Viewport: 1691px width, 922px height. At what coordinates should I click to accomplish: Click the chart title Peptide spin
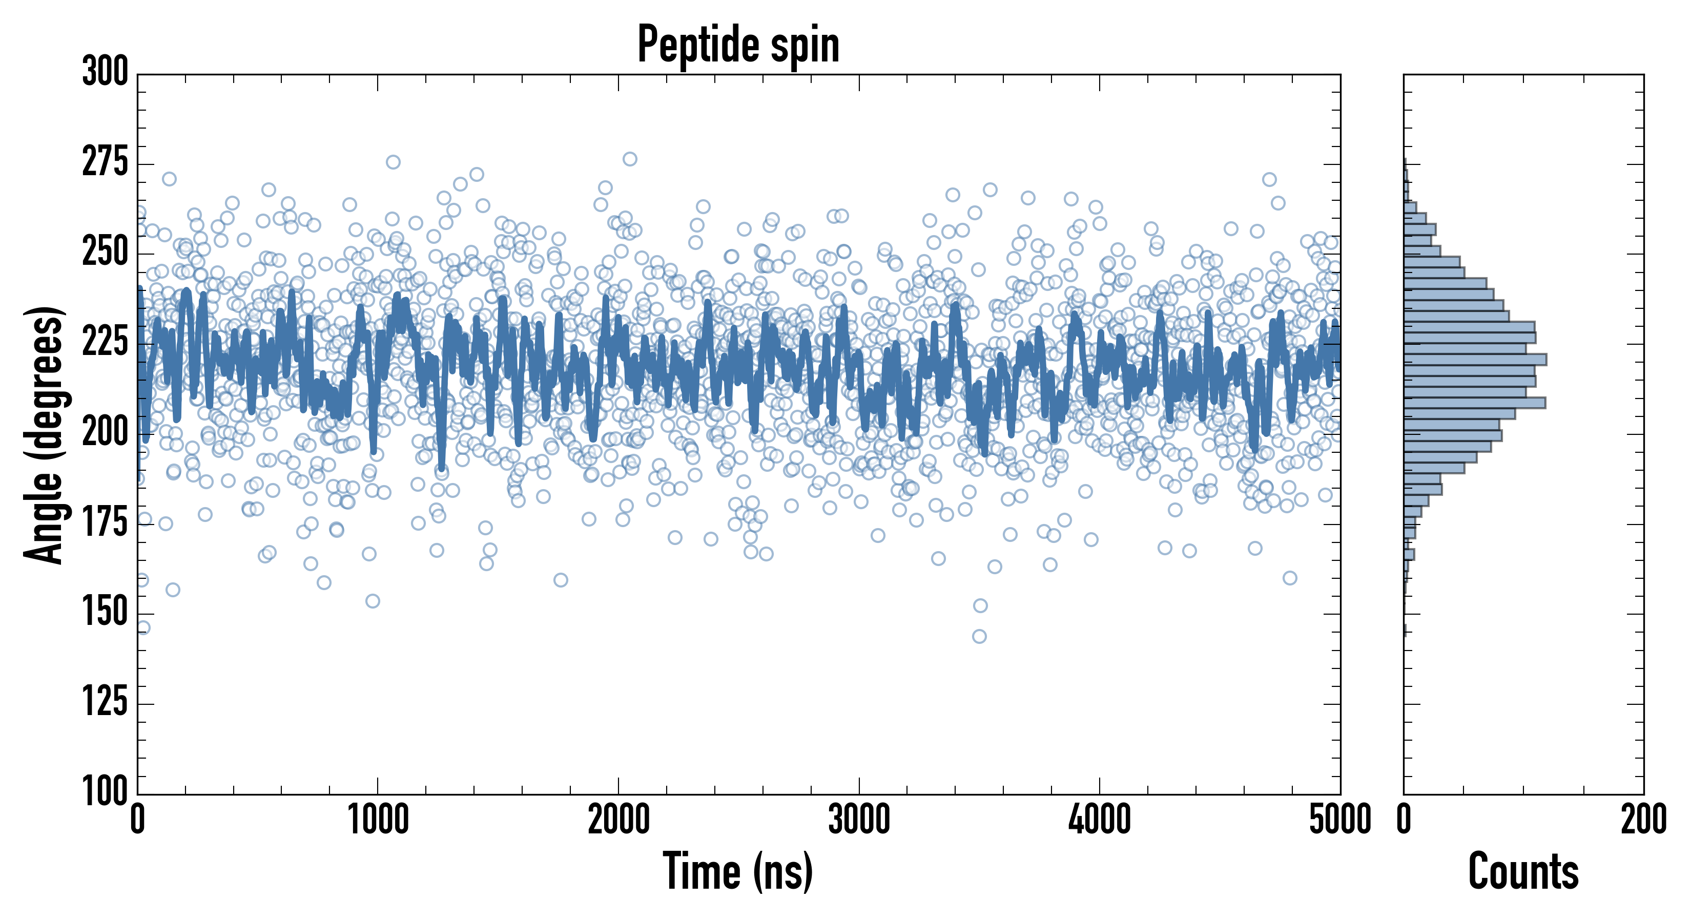tap(738, 45)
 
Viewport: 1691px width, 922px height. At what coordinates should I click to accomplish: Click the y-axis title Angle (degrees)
tap(44, 434)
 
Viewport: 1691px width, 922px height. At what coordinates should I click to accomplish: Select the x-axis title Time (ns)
tap(738, 871)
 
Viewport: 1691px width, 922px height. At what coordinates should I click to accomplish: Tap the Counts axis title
tap(1523, 871)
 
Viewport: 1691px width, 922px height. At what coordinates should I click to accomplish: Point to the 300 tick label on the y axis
tap(105, 72)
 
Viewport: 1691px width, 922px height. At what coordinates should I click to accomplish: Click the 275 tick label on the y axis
tap(105, 162)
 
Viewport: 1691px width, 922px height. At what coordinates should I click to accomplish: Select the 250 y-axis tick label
tap(105, 252)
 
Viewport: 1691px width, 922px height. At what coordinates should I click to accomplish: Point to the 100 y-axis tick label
tap(105, 791)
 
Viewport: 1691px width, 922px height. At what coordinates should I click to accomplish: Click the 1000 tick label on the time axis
tap(378, 820)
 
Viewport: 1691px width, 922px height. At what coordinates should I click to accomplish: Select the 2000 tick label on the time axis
tap(618, 820)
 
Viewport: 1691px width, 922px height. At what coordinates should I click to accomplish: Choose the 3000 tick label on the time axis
tap(859, 820)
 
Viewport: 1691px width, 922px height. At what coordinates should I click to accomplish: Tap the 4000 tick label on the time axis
tap(1100, 820)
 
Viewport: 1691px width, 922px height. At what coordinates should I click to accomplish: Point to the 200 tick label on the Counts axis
tap(1643, 820)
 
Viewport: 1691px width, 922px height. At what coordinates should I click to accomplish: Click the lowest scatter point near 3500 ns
tap(979, 636)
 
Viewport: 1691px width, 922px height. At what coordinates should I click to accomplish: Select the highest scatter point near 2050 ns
tap(630, 159)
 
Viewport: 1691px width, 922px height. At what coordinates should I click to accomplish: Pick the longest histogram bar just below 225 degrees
tap(1474, 359)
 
